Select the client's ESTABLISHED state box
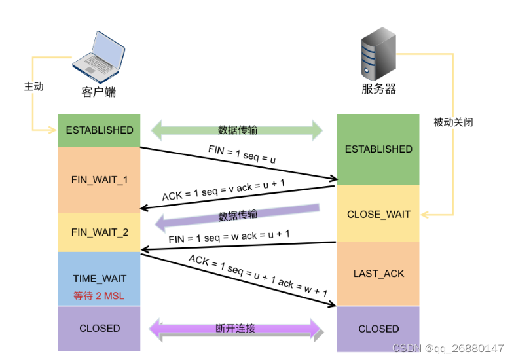[99, 130]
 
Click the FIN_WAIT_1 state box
[99, 179]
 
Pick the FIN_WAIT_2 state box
[99, 232]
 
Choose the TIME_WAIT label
[100, 279]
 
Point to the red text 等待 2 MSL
[100, 296]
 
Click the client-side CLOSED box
[99, 328]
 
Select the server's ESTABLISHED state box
[378, 149]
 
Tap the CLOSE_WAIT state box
[378, 214]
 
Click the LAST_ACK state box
[378, 273]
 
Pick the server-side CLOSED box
[378, 329]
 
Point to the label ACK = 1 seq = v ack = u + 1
[223, 189]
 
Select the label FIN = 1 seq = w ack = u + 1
[229, 236]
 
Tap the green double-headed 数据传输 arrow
[237, 130]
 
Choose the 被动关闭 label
[452, 122]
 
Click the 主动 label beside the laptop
[33, 86]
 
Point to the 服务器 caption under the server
[378, 89]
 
